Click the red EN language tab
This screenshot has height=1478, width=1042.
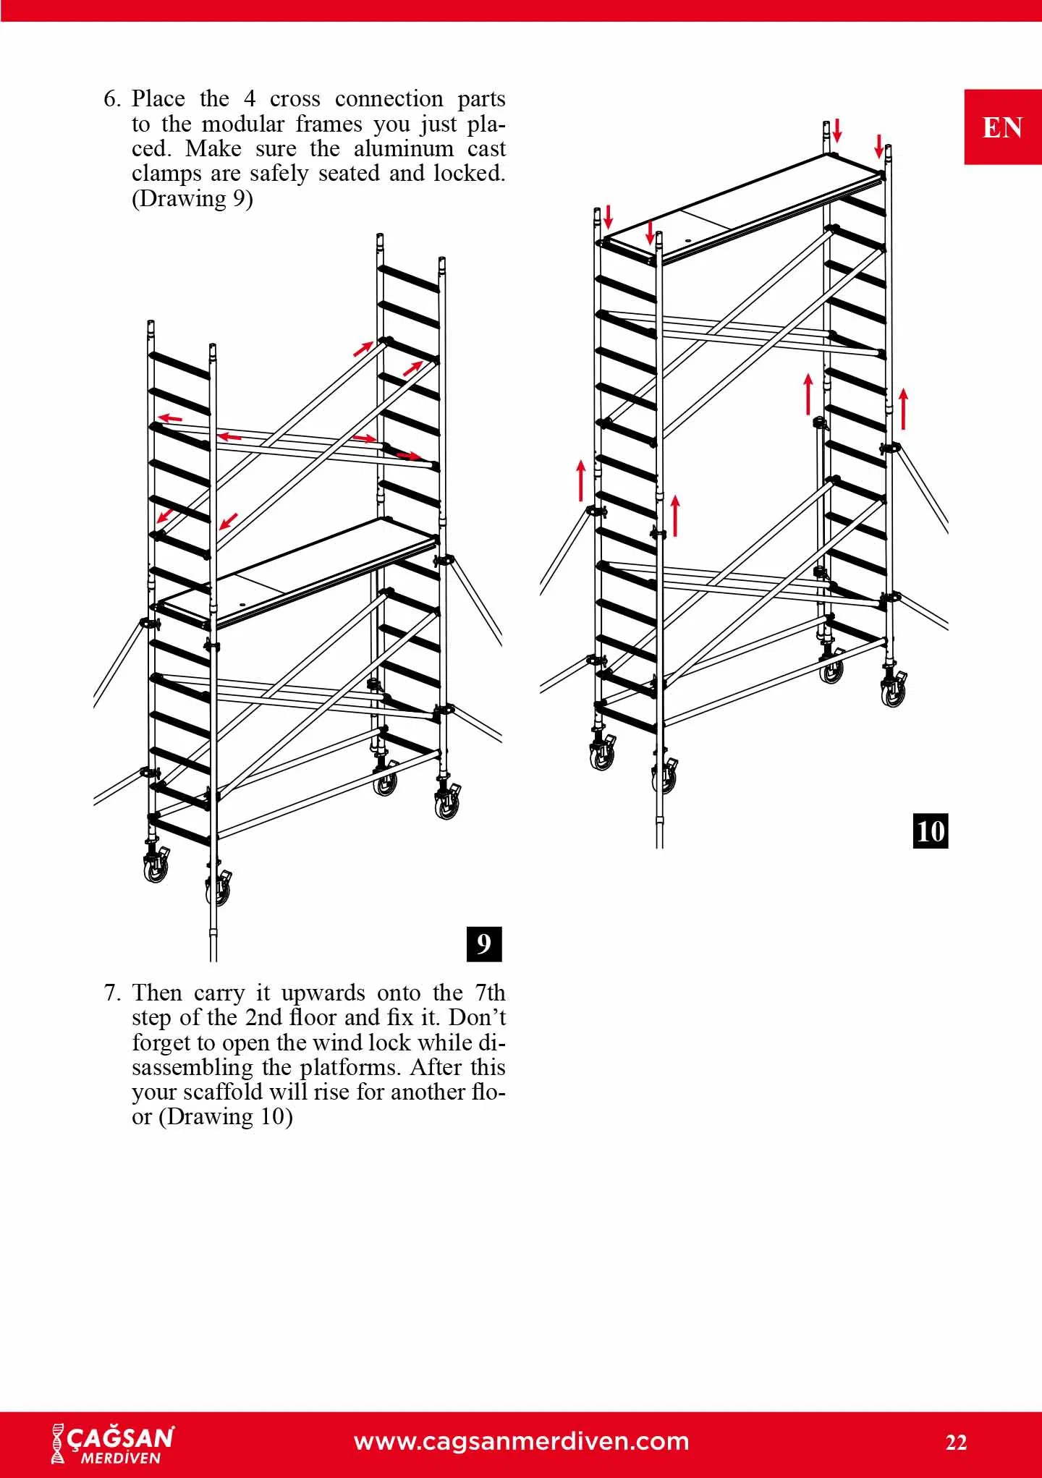pos(1003,127)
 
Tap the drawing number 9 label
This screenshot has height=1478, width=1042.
pos(484,943)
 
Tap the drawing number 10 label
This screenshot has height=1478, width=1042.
pos(931,831)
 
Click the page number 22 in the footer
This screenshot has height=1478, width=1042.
pos(956,1443)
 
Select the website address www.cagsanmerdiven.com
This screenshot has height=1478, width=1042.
pos(522,1441)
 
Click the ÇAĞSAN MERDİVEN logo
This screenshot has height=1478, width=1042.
pos(113,1444)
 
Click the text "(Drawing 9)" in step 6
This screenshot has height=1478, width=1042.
pos(192,198)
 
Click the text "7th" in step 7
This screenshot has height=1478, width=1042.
pos(490,993)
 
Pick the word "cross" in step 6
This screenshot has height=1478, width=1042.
pos(295,99)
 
